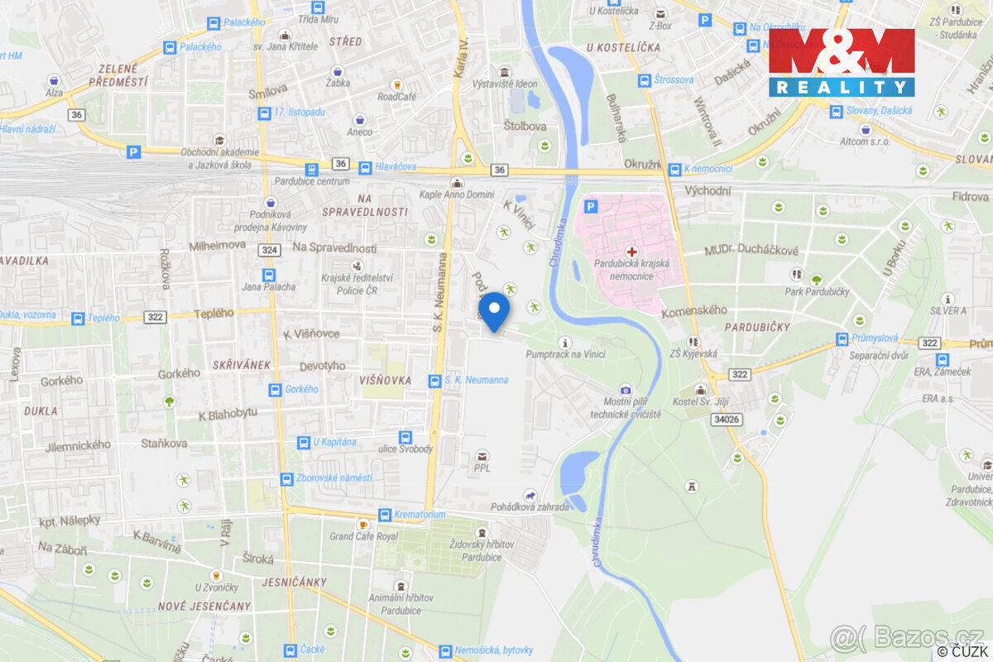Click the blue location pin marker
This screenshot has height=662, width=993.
click(x=495, y=311)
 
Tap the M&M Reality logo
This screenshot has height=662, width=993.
click(x=841, y=62)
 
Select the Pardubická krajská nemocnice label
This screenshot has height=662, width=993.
click(x=631, y=269)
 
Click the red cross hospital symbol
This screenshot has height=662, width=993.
click(x=632, y=251)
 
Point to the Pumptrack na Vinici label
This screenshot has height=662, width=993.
click(x=565, y=354)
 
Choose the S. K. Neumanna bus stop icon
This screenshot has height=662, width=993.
click(x=434, y=381)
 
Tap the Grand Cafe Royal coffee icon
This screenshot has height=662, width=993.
click(x=362, y=525)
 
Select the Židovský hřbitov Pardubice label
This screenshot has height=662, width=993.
click(x=482, y=550)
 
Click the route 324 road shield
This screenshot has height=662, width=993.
click(x=268, y=249)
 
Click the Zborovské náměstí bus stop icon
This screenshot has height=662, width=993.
click(x=286, y=478)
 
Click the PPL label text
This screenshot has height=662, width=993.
click(x=482, y=469)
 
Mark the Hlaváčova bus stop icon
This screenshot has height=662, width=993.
click(x=365, y=166)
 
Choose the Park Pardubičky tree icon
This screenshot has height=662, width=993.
click(x=817, y=280)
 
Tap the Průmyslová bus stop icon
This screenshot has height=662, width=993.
click(x=842, y=338)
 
